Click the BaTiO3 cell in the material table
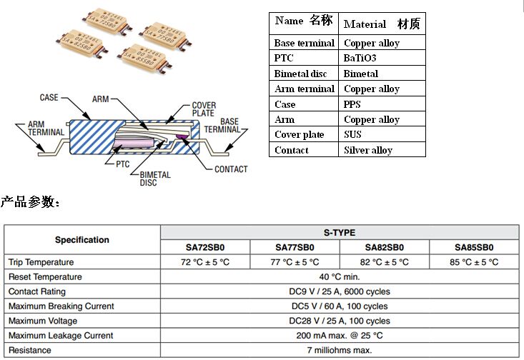(x=361, y=58)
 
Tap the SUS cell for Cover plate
(x=353, y=135)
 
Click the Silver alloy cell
(x=367, y=150)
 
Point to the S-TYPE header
(x=339, y=232)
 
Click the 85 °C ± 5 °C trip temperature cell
(x=474, y=262)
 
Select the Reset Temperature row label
(x=45, y=277)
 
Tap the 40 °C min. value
(x=339, y=277)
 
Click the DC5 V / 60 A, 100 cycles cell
(x=339, y=306)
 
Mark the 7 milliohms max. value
(x=339, y=351)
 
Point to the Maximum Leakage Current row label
(x=61, y=336)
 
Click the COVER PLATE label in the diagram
(x=204, y=109)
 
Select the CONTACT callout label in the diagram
(x=230, y=169)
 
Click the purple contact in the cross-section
(x=182, y=136)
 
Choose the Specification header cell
(x=82, y=240)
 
